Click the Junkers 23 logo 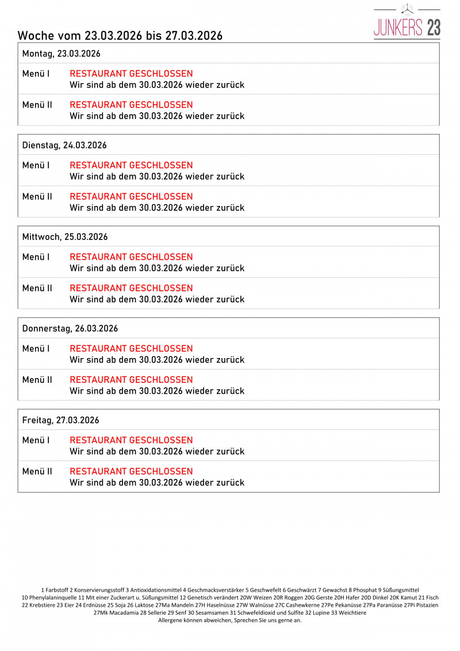point(407,23)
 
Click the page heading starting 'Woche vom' point(120,36)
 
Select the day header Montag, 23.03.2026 point(61,54)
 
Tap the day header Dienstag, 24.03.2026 point(64,145)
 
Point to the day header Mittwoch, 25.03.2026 point(65,237)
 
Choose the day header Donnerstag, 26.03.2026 point(70,329)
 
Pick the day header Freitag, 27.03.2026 point(60,420)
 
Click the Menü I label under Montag point(36,74)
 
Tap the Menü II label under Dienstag point(37,196)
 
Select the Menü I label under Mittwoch point(36,257)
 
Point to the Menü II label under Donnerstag point(37,380)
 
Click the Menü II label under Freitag point(37,471)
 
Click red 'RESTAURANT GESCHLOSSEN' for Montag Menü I point(131,74)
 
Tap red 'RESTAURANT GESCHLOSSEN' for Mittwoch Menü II point(131,288)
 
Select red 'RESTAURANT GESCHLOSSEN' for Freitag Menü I point(131,440)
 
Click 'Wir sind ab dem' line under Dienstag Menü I point(157,176)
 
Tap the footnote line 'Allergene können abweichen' point(229,620)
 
